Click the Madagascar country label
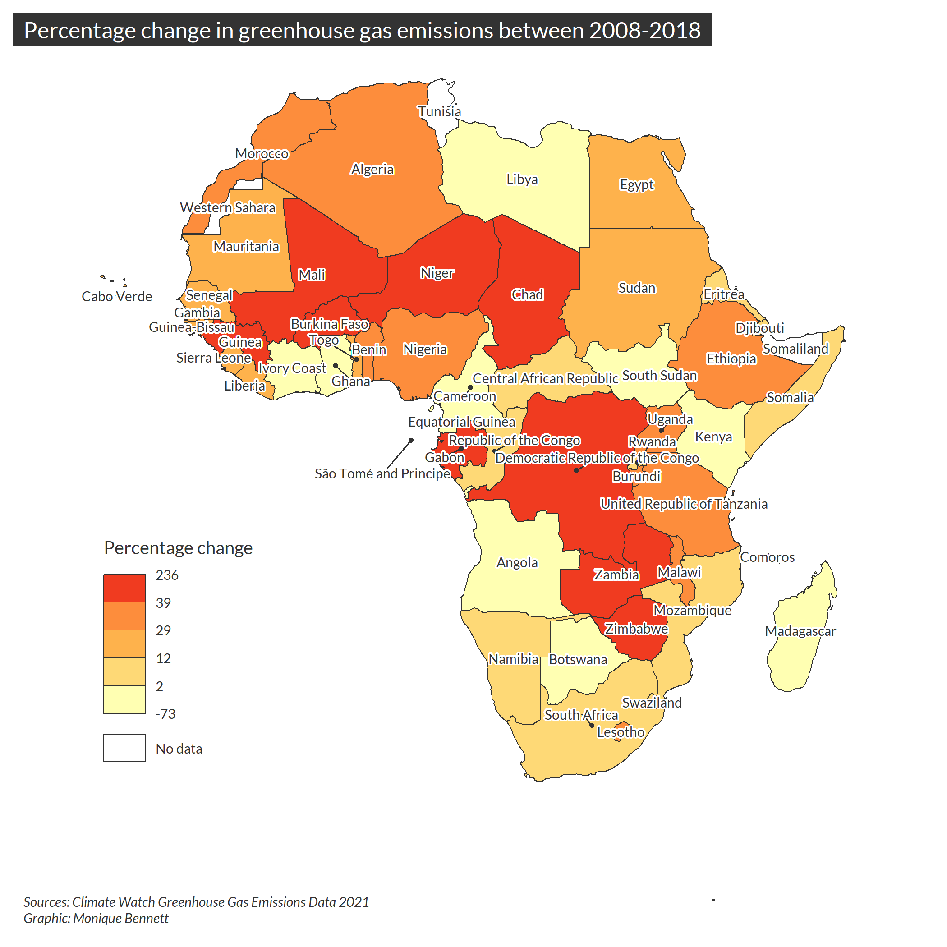800,631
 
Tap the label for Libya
522,179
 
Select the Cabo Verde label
117,297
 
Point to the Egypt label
637,185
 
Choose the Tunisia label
439,112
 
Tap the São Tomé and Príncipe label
382,473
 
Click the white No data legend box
124,748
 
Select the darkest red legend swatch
124,588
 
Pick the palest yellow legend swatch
124,699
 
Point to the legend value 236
167,575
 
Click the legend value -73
165,714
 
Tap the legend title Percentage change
178,548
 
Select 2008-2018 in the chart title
644,30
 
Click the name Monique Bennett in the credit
120,919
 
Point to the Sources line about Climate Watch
196,902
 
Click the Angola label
517,562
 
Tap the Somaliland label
795,349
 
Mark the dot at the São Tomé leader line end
411,440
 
